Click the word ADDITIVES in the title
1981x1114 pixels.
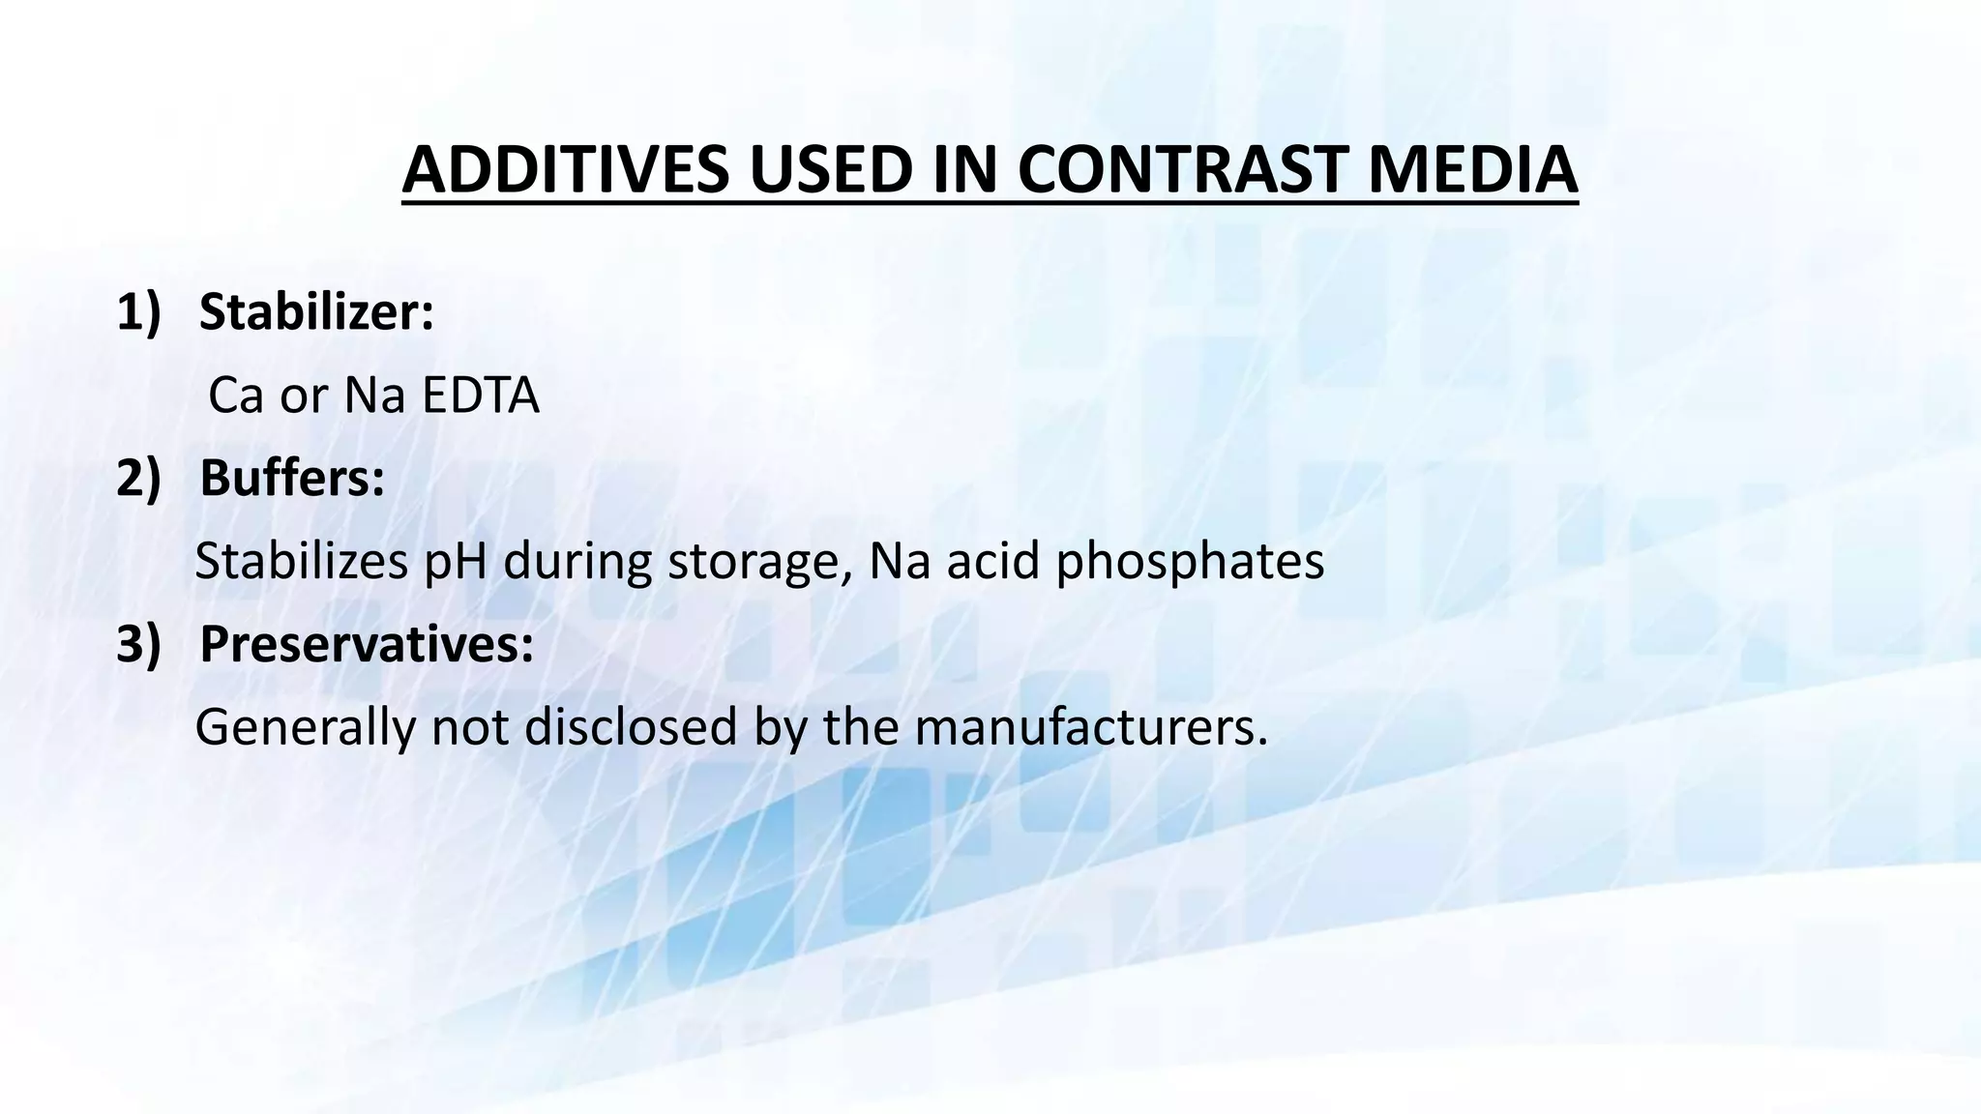[565, 170]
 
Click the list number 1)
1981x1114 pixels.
[137, 313]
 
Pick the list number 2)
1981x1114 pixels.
[137, 479]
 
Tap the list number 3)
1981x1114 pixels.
[137, 645]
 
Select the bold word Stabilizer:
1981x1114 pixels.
[316, 313]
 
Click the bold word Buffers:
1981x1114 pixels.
[292, 479]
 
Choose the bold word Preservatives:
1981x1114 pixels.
[367, 645]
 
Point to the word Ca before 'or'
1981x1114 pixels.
[235, 396]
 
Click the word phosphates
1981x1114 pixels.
[1190, 562]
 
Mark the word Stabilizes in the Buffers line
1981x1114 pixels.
[301, 562]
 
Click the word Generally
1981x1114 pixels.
[305, 728]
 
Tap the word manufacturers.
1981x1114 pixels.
[1091, 728]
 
